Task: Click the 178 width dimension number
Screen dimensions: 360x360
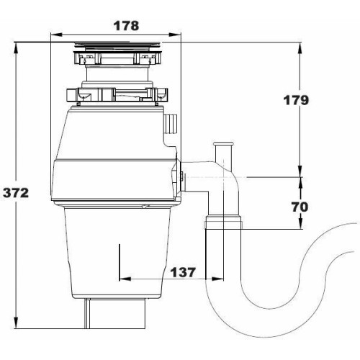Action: click(x=126, y=26)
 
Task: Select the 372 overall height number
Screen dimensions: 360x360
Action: click(x=16, y=193)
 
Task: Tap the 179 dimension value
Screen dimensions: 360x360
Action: click(x=296, y=100)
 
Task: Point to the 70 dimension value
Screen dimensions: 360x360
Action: click(x=300, y=207)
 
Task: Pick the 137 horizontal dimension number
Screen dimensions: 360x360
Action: click(x=183, y=272)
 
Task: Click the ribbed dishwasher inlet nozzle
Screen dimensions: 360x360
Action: click(x=171, y=124)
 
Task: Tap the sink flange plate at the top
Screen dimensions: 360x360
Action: click(x=117, y=44)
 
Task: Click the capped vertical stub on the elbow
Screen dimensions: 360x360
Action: click(x=223, y=153)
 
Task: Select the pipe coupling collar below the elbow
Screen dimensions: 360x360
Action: click(x=223, y=222)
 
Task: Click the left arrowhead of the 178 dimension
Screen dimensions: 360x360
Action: click(x=56, y=35)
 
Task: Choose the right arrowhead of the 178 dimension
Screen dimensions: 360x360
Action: click(x=175, y=35)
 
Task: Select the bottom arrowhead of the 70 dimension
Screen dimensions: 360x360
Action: click(x=300, y=223)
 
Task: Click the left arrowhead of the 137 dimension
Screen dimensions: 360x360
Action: click(x=125, y=279)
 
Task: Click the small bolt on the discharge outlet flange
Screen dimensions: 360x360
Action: click(x=182, y=177)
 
